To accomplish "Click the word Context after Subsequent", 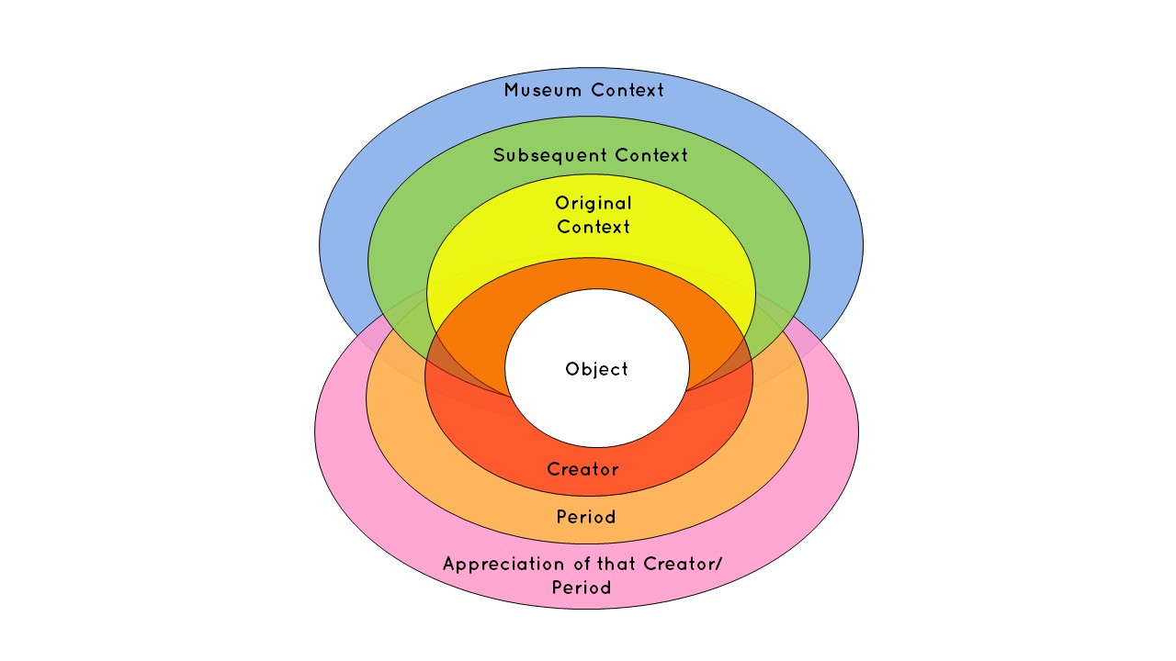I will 651,155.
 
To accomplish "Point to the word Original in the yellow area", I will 594,203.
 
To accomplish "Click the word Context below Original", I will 594,226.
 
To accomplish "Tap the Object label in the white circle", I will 597,370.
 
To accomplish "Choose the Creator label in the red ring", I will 583,469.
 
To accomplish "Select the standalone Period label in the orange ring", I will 586,517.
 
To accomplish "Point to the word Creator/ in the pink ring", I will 684,564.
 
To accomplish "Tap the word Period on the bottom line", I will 582,588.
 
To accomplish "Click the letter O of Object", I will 571,370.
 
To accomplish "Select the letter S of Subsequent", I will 499,155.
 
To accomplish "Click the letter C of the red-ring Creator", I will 553,469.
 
